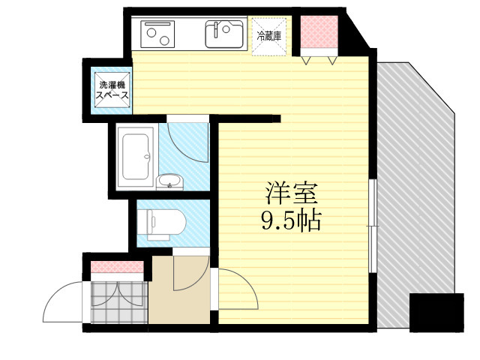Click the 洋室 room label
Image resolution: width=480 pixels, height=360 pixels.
pos(291,193)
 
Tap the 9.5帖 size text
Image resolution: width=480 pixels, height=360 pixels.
pos(291,220)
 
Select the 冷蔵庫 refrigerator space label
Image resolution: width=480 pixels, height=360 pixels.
pos(269,37)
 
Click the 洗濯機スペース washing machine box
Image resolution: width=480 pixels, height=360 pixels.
pos(112,90)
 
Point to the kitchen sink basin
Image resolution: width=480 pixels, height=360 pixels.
pos(225,34)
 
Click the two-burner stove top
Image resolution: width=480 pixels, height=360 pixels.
pos(157,34)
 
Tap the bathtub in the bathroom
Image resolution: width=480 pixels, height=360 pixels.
pos(136,157)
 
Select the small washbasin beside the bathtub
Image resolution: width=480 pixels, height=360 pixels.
pos(169,181)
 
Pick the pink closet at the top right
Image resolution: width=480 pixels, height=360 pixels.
pos(319,31)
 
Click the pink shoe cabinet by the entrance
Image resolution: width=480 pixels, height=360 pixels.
pos(117,267)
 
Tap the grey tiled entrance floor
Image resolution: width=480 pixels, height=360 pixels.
pos(119,302)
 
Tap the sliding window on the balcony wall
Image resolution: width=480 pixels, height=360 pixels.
pos(373,226)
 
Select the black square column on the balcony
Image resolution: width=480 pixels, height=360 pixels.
pos(436,313)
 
